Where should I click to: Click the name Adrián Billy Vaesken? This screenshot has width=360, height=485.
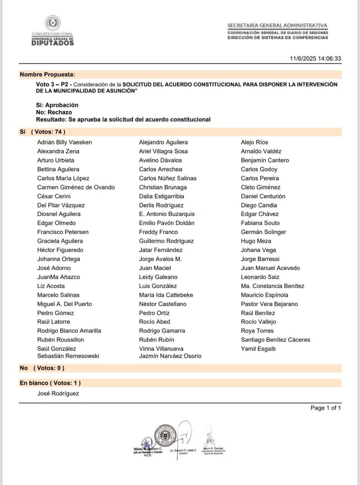(x=64, y=142)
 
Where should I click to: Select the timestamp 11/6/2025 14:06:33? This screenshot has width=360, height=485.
(x=315, y=59)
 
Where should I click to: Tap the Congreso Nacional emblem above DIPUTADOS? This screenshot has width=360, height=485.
(x=52, y=23)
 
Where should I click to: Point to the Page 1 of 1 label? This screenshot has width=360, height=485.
(x=326, y=408)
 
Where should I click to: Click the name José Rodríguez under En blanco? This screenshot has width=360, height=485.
(x=58, y=394)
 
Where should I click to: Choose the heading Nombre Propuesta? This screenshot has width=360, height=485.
(x=47, y=74)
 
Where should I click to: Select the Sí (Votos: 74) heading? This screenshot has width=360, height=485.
(x=43, y=132)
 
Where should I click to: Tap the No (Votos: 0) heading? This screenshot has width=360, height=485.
(x=42, y=368)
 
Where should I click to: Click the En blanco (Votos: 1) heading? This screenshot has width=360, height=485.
(x=50, y=383)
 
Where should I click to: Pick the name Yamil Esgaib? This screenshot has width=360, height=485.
(x=258, y=349)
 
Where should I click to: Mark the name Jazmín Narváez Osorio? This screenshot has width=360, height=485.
(x=170, y=356)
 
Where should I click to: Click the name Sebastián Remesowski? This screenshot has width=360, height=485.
(x=68, y=356)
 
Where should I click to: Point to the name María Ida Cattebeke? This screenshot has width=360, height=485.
(x=166, y=295)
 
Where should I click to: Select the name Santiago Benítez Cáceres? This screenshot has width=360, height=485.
(x=275, y=340)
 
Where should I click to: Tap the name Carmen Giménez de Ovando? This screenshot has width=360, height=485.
(x=76, y=187)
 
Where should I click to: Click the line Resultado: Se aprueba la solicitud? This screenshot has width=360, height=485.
(x=123, y=119)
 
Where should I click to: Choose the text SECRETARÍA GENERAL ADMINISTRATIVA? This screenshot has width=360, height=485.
(x=277, y=26)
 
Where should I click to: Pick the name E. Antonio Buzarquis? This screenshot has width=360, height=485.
(x=167, y=214)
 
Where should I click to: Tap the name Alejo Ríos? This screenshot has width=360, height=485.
(x=255, y=142)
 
